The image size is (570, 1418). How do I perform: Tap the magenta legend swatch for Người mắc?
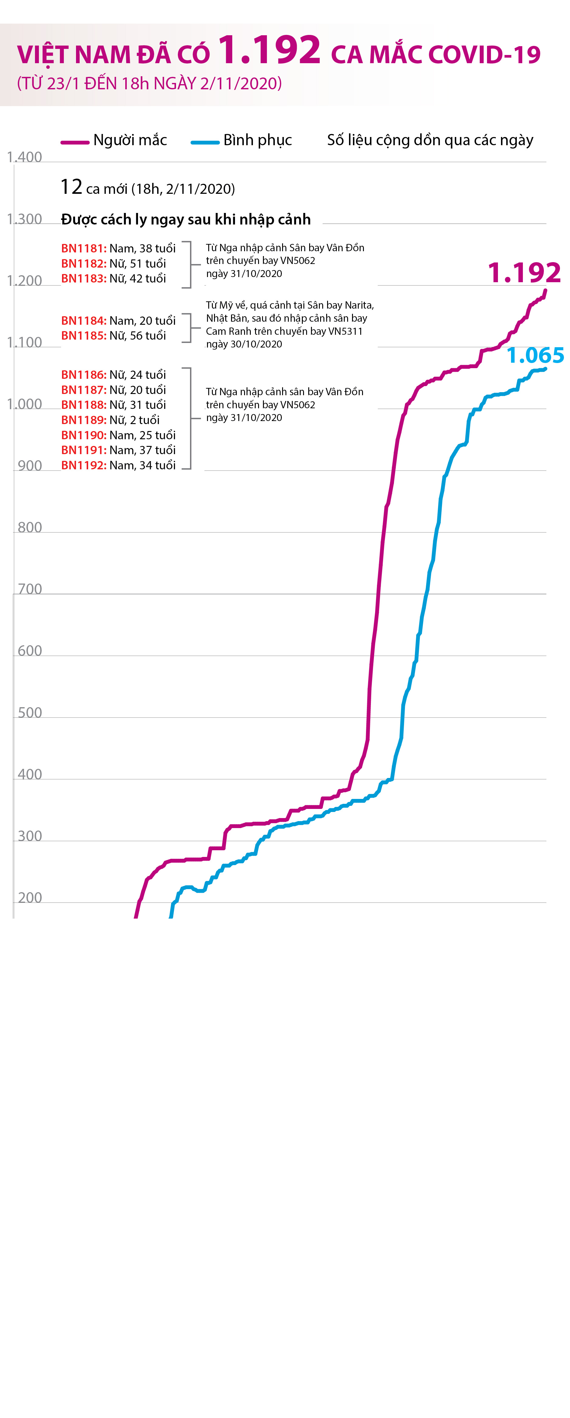pos(75,142)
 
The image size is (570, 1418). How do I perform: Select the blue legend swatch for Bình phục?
pos(205,142)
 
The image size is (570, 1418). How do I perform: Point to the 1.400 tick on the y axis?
pos(24,157)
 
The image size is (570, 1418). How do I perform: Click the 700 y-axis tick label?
pos(30,589)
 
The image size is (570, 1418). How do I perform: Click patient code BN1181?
pos(84,248)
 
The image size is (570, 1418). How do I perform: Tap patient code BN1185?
pos(84,335)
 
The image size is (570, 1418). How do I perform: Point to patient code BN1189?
pos(84,420)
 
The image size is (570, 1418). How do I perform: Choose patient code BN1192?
pos(84,465)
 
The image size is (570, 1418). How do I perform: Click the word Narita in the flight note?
pos(358,305)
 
